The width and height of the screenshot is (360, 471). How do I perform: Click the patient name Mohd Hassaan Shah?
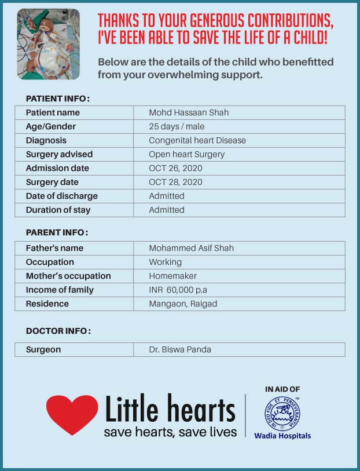[x=188, y=112]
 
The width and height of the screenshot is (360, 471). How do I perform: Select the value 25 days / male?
[x=177, y=126]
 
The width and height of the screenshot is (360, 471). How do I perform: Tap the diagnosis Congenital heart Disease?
[x=197, y=140]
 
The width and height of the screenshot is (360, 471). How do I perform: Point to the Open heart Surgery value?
[x=186, y=154]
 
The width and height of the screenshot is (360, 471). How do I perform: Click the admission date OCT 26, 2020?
[x=175, y=168]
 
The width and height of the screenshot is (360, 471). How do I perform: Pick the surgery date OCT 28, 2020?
[x=175, y=182]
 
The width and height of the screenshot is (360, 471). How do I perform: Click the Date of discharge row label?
[x=61, y=196]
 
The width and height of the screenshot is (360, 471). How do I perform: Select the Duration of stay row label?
[x=58, y=210]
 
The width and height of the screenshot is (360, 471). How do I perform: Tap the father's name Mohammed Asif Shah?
[x=191, y=248]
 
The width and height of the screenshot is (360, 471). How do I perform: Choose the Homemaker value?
[x=172, y=276]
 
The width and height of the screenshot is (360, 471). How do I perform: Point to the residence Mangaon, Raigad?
[x=183, y=304]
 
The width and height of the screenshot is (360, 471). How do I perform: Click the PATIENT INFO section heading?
[x=57, y=98]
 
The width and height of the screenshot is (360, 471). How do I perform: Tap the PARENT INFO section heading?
[x=57, y=232]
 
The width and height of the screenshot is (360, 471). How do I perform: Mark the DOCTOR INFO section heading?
[x=58, y=331]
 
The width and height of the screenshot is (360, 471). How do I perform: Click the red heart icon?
[x=72, y=414]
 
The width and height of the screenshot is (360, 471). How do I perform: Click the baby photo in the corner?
[x=49, y=44]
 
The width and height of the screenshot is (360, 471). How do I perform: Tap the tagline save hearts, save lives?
[x=170, y=432]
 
